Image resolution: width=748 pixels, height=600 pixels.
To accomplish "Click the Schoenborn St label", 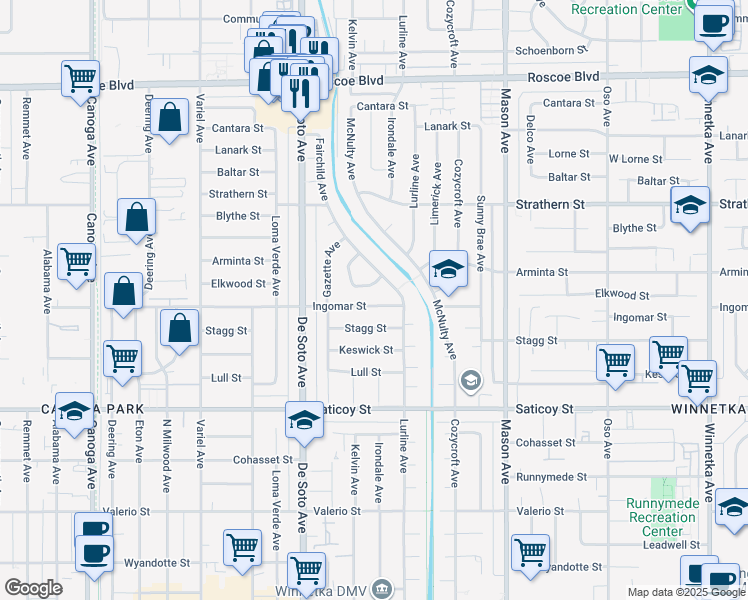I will tap(546, 50).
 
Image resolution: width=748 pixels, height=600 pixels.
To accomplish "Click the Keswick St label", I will tap(366, 350).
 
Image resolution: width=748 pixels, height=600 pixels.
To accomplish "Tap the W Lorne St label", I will tap(635, 159).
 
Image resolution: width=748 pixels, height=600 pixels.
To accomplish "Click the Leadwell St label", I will tap(665, 545).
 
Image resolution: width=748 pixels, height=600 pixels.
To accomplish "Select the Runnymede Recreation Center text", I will tap(662, 517).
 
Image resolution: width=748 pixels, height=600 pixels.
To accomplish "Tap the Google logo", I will tap(34, 588).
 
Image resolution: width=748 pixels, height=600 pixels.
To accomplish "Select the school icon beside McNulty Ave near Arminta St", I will tap(447, 268).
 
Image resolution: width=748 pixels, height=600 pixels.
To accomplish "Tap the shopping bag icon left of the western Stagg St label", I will tap(179, 328).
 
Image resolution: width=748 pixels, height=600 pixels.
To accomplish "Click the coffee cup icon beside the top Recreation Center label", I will tap(713, 22).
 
